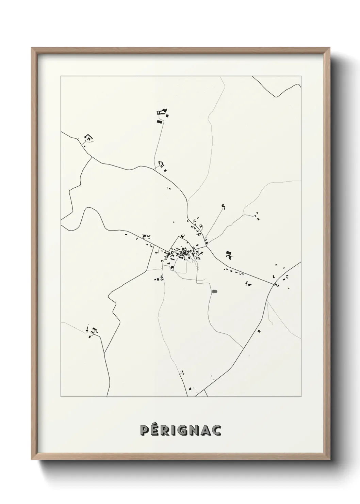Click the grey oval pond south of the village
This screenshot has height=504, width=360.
tap(215, 292)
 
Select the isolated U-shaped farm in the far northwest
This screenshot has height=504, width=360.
tap(88, 138)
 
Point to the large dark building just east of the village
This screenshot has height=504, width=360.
tap(229, 254)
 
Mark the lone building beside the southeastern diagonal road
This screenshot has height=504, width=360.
tap(259, 331)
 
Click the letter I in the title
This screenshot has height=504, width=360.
tap(174, 430)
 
